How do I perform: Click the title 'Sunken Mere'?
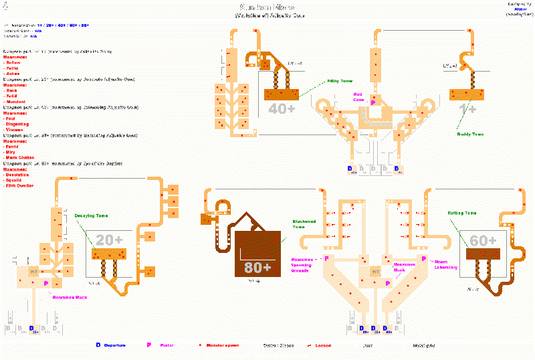point(267,8)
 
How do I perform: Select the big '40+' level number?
point(282,108)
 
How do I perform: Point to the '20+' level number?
point(109,240)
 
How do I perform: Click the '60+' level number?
point(483,240)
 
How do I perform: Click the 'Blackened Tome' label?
point(304,224)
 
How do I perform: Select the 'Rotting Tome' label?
point(462,213)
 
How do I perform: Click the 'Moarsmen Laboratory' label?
point(445,264)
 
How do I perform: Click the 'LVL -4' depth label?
point(450,66)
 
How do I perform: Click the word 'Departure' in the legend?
point(114,345)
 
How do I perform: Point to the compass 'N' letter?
point(5,4)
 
